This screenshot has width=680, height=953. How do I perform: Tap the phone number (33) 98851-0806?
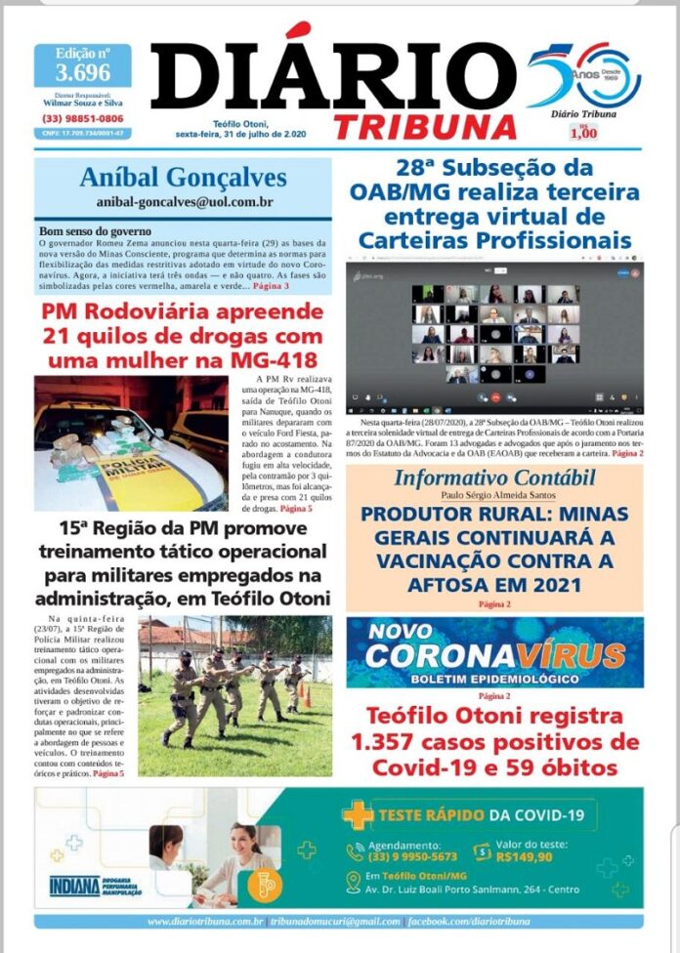[x=83, y=119]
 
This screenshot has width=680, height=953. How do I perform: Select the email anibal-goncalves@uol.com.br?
[x=184, y=201]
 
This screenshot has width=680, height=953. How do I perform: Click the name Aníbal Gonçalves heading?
[x=184, y=177]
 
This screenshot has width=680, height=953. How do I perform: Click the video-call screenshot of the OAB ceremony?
[x=494, y=333]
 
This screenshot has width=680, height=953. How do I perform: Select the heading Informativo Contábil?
[x=493, y=477]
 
